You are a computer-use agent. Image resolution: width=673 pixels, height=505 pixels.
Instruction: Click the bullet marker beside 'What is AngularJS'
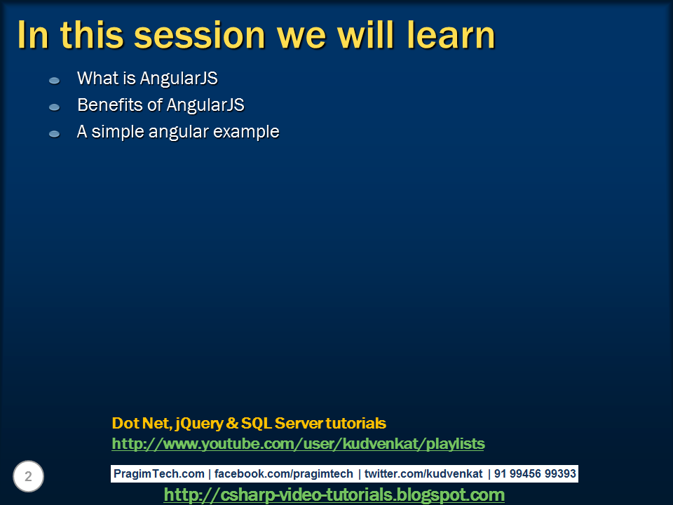click(54, 81)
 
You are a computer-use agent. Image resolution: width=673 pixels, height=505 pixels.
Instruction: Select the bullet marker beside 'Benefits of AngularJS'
click(54, 107)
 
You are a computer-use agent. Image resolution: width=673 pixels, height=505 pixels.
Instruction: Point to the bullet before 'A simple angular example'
click(54, 133)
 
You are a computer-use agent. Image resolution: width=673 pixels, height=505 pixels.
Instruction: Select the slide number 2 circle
click(28, 477)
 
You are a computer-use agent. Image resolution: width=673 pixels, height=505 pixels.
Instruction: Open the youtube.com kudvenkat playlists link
click(298, 444)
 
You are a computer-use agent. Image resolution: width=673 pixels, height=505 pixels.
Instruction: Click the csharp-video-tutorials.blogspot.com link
click(334, 495)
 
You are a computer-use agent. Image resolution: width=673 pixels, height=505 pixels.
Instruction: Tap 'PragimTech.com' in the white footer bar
click(158, 474)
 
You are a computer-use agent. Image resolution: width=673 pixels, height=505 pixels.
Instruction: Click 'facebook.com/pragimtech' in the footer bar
click(283, 474)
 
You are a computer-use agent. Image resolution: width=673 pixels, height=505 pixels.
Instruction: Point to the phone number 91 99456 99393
click(535, 474)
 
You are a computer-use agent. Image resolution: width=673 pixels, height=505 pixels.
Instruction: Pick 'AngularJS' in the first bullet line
click(179, 79)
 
